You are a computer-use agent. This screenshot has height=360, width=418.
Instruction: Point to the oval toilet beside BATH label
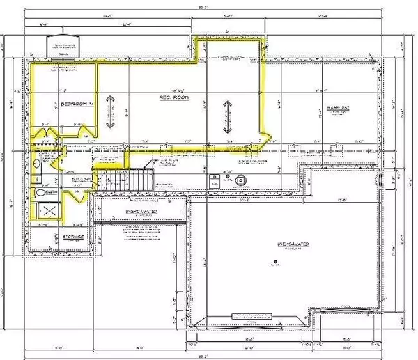(x=40, y=192)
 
